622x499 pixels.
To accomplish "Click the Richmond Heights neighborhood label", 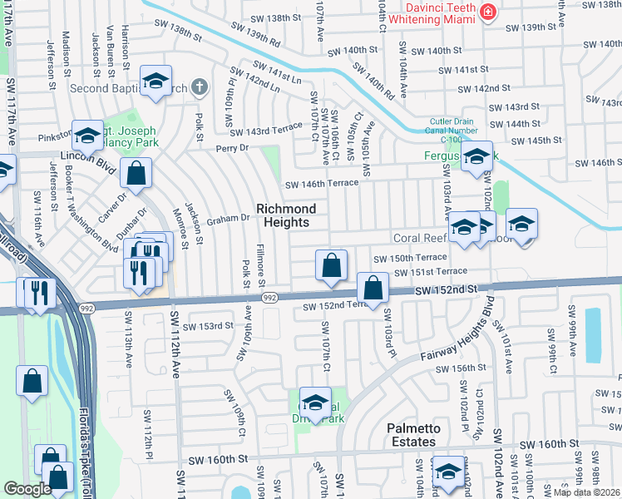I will click(285, 215).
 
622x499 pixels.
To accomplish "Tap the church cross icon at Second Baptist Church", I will click(199, 86).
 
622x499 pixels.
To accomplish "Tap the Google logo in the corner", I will click(27, 489).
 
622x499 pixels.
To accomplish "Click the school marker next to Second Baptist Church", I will click(155, 82).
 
